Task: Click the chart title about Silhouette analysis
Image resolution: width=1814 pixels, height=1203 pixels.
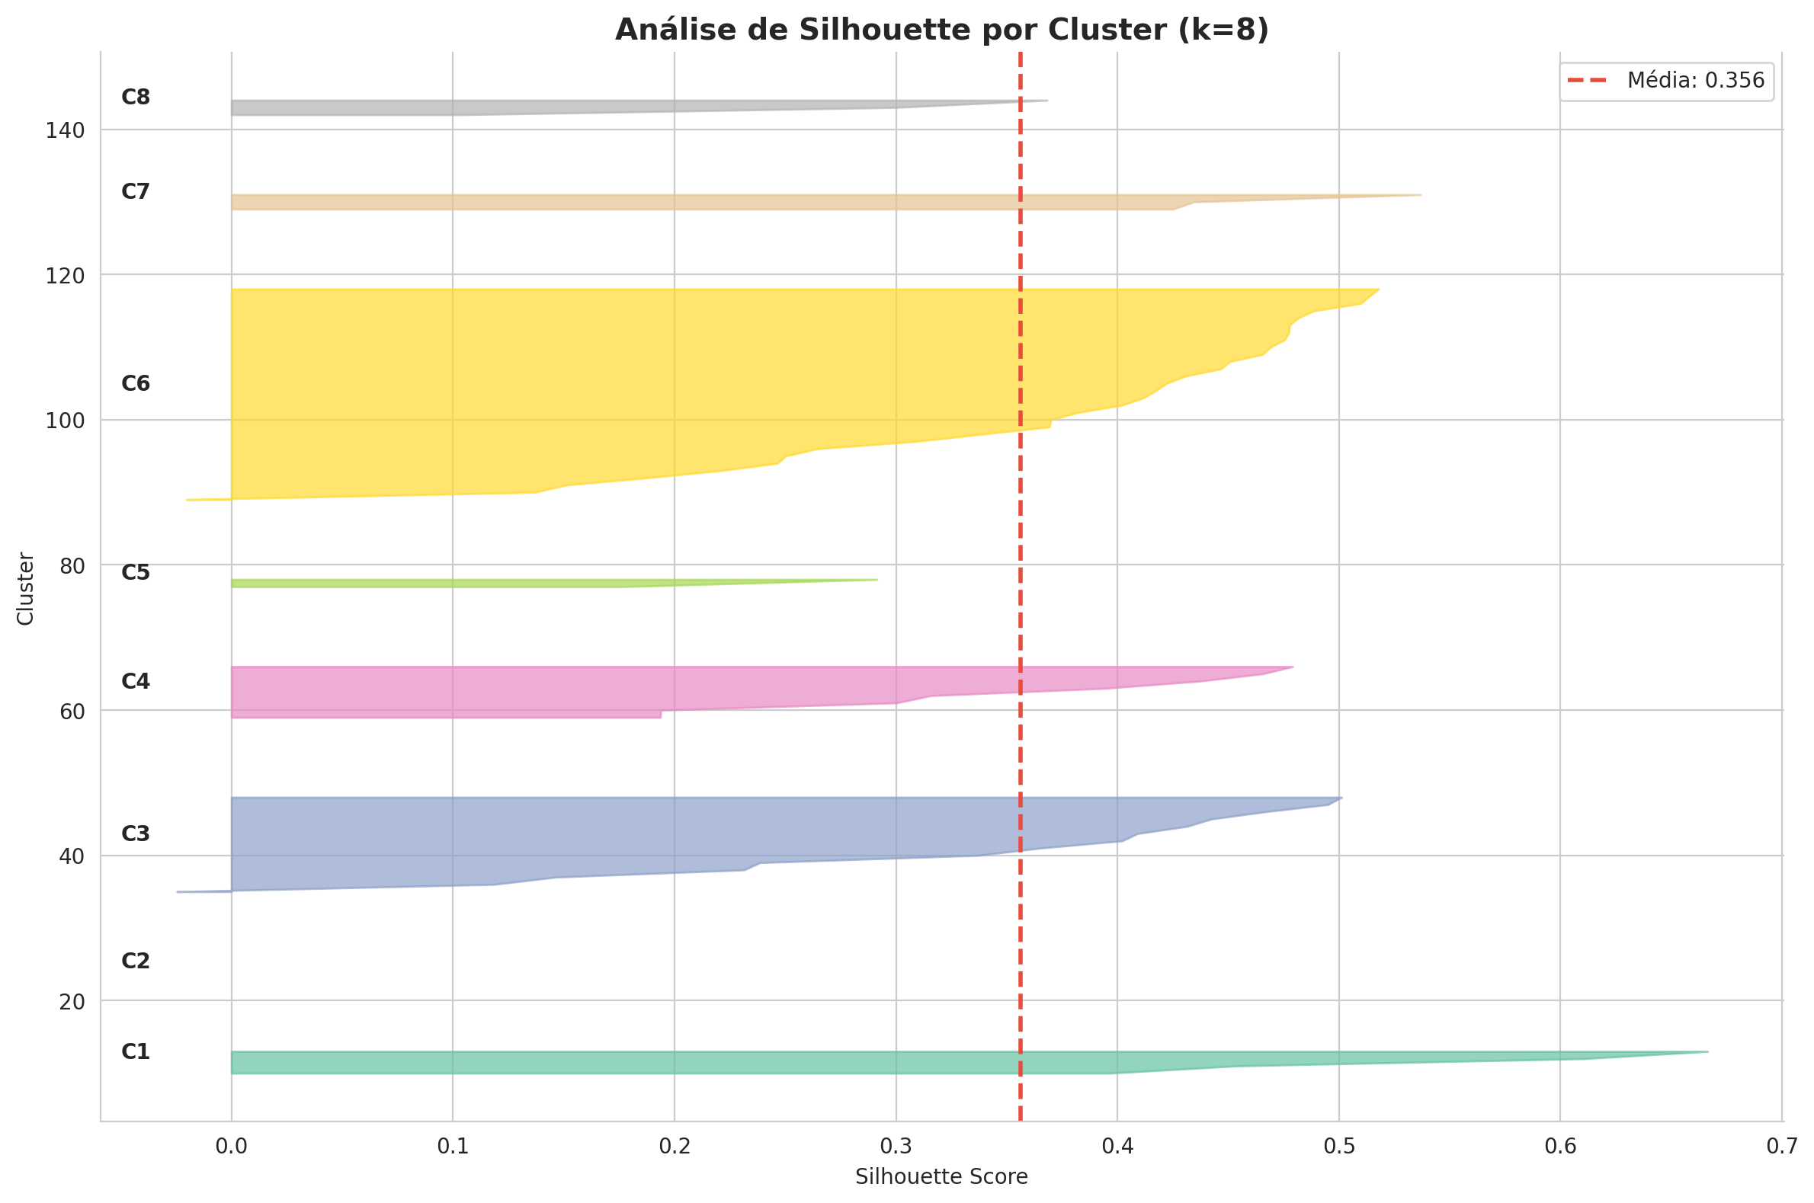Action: click(941, 30)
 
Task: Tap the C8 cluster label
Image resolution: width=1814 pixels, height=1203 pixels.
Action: click(136, 98)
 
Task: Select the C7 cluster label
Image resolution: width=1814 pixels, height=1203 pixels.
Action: click(136, 192)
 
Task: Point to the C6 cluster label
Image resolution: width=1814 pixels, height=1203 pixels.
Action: click(136, 384)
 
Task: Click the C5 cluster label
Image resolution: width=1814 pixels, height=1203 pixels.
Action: click(136, 572)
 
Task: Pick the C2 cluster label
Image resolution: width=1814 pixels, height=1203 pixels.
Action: click(136, 961)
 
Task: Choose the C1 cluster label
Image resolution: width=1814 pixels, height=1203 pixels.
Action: click(136, 1052)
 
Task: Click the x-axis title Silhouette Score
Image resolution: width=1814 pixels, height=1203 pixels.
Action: click(941, 1177)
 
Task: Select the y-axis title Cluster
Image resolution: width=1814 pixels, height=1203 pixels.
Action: click(26, 588)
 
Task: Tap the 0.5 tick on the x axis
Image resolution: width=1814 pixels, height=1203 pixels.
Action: click(1339, 1146)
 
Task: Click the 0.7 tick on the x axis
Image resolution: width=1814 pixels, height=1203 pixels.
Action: click(1782, 1146)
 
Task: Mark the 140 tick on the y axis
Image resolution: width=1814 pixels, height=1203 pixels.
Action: click(66, 130)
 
